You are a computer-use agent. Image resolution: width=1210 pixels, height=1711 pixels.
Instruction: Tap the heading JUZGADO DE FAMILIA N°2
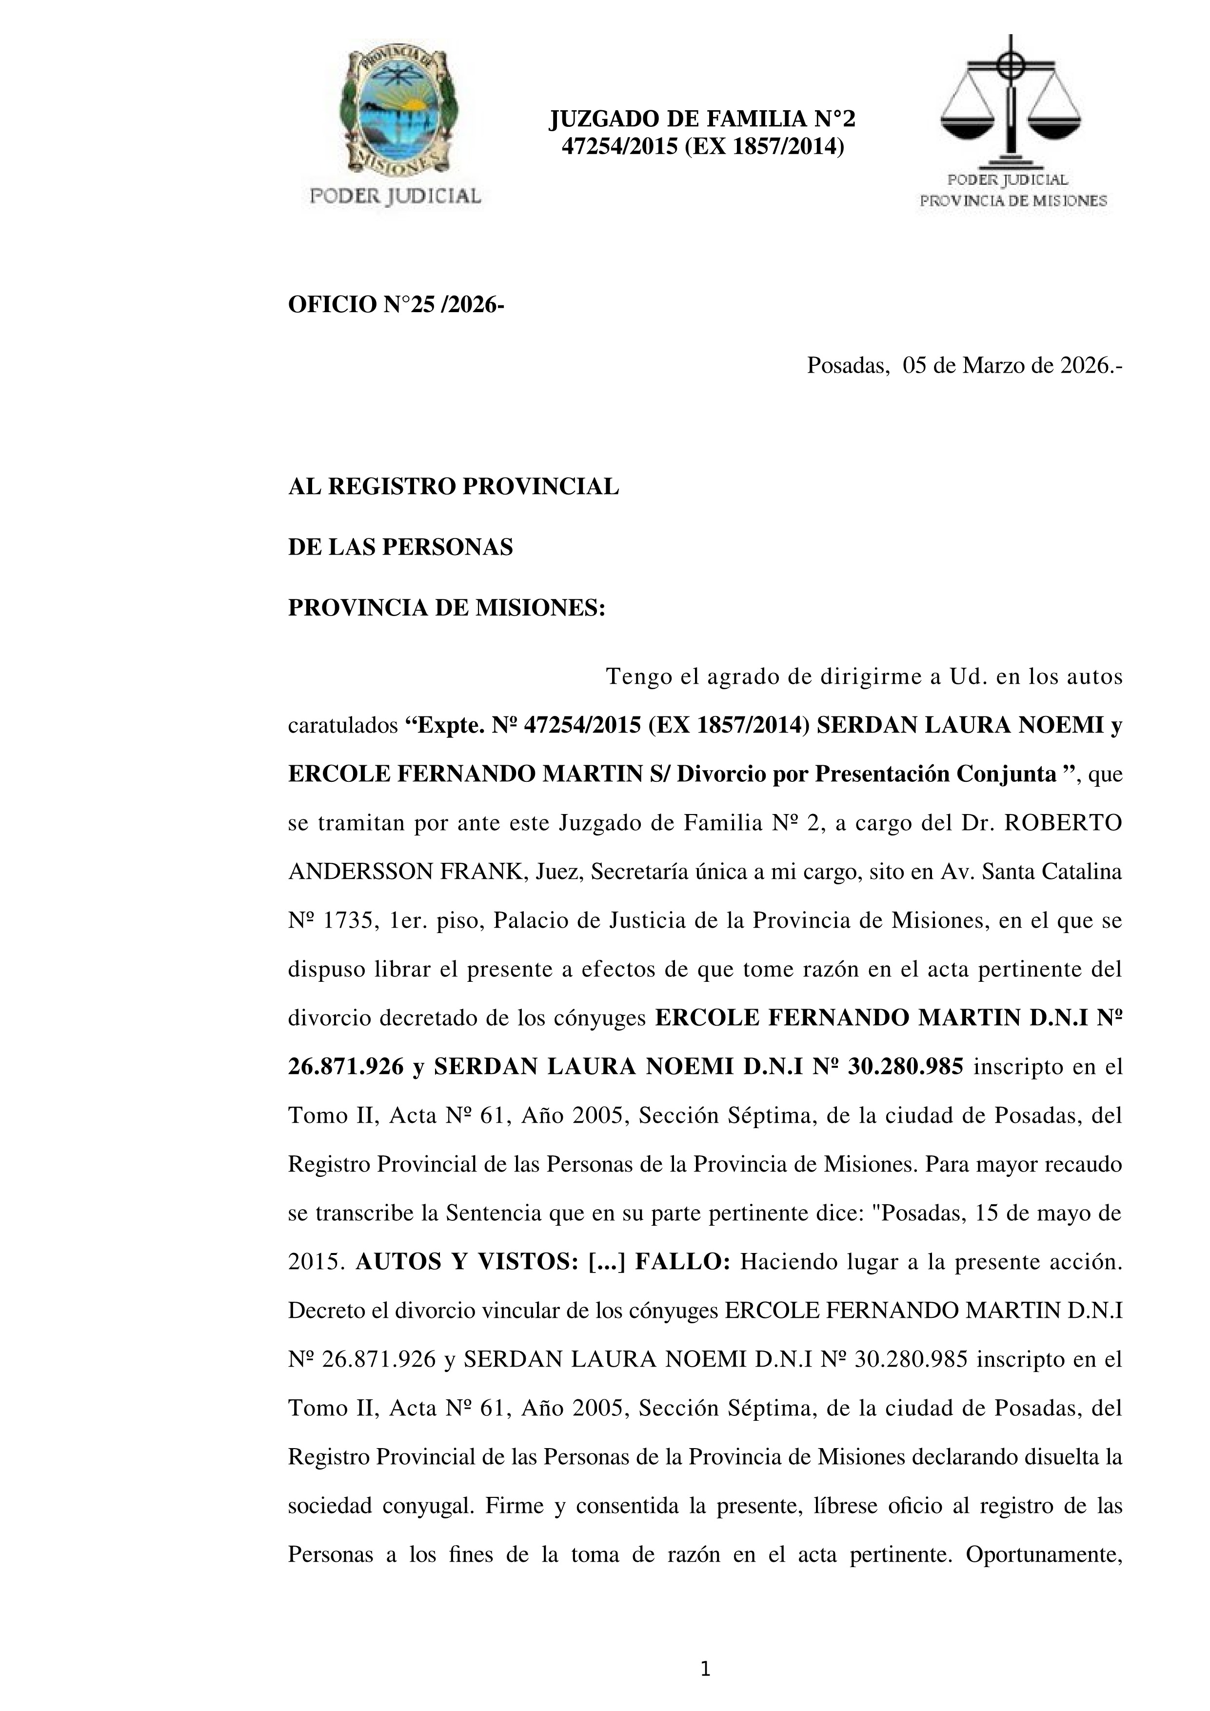pyautogui.click(x=702, y=119)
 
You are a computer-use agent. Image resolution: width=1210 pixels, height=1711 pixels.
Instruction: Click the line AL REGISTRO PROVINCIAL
pyautogui.click(x=453, y=487)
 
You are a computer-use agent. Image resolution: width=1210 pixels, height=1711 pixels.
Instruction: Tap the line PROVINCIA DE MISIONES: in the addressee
pyautogui.click(x=447, y=608)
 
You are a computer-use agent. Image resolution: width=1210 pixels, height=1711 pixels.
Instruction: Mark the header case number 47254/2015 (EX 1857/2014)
pyautogui.click(x=702, y=147)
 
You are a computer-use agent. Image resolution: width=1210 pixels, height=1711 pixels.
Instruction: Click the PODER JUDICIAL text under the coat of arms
pyautogui.click(x=395, y=196)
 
